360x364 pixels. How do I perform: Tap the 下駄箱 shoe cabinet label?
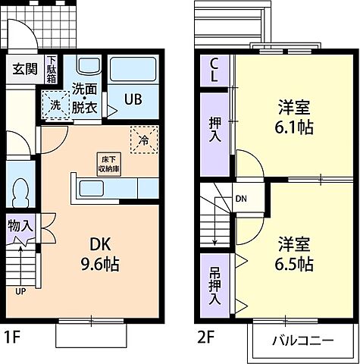tap(52, 71)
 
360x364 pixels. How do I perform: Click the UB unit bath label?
tap(132, 98)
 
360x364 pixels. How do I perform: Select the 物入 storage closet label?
tap(20, 226)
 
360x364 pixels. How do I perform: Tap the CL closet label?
tap(214, 72)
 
